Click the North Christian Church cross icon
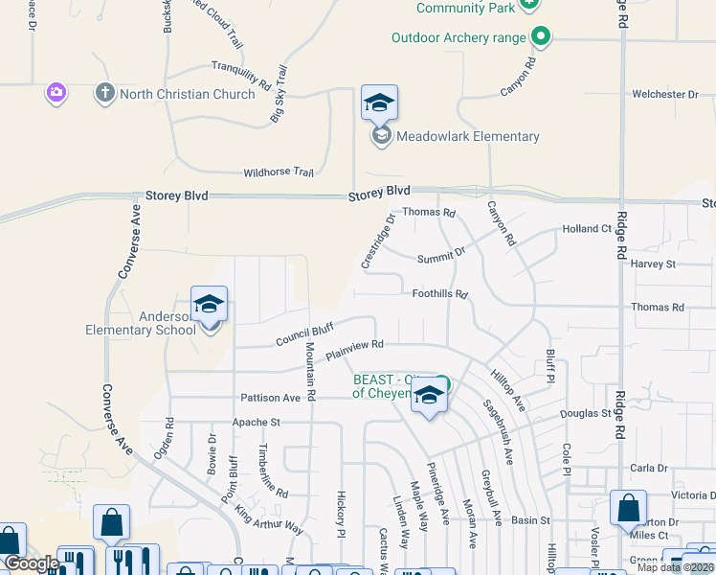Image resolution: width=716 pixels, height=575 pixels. coord(104,94)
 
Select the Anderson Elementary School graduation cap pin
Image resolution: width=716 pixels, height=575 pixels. coord(209,306)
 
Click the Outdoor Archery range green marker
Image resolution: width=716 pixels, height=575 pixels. coord(541,37)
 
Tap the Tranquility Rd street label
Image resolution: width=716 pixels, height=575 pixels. coord(240,76)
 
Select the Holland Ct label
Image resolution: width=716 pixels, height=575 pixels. coord(587,229)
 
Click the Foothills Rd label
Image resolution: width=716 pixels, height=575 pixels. coord(440,294)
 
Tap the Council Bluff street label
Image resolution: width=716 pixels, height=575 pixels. coord(304,334)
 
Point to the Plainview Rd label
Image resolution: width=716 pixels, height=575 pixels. coord(354,350)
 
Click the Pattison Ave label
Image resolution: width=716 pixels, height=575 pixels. coord(271,398)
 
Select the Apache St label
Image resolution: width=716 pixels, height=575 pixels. coord(256,422)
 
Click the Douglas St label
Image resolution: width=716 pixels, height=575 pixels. coord(586,413)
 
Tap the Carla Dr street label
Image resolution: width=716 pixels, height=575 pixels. coord(649,468)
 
